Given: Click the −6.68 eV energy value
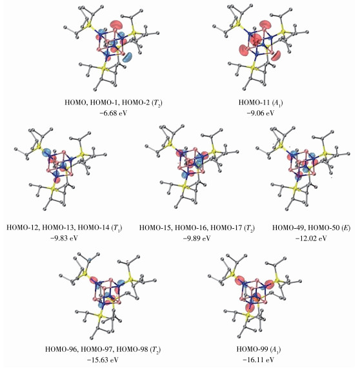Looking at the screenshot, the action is (x=114, y=113).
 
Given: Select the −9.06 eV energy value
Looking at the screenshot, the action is (x=261, y=113).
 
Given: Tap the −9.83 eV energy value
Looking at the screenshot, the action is (x=64, y=238).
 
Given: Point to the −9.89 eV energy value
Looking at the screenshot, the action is (x=197, y=238).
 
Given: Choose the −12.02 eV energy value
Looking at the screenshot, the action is (x=311, y=238).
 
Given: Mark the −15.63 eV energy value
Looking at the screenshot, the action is (x=103, y=360).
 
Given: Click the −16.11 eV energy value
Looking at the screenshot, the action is (x=259, y=360).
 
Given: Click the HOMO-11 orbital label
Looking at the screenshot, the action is (x=254, y=102).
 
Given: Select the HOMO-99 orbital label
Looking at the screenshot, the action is (x=252, y=349).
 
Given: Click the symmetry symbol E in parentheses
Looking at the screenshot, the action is (x=345, y=228).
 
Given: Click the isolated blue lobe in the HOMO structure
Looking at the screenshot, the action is (x=128, y=57).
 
